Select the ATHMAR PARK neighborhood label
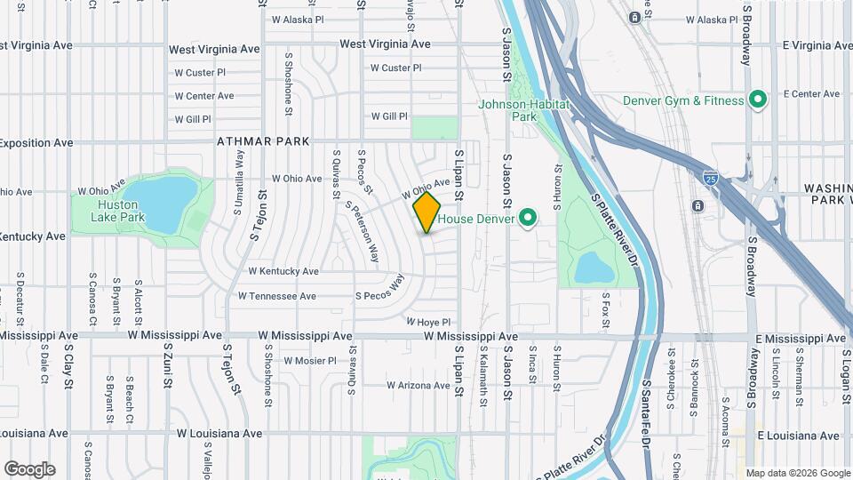click(263, 141)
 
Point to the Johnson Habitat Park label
click(521, 110)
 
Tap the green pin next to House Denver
click(528, 218)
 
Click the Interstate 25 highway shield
click(711, 179)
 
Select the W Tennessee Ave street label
click(277, 296)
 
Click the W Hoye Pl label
click(429, 322)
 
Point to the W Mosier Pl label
click(310, 361)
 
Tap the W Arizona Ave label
click(418, 385)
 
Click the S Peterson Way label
click(363, 232)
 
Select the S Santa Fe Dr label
click(648, 401)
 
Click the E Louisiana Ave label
click(798, 436)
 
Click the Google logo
click(29, 469)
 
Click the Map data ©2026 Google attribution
click(797, 473)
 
